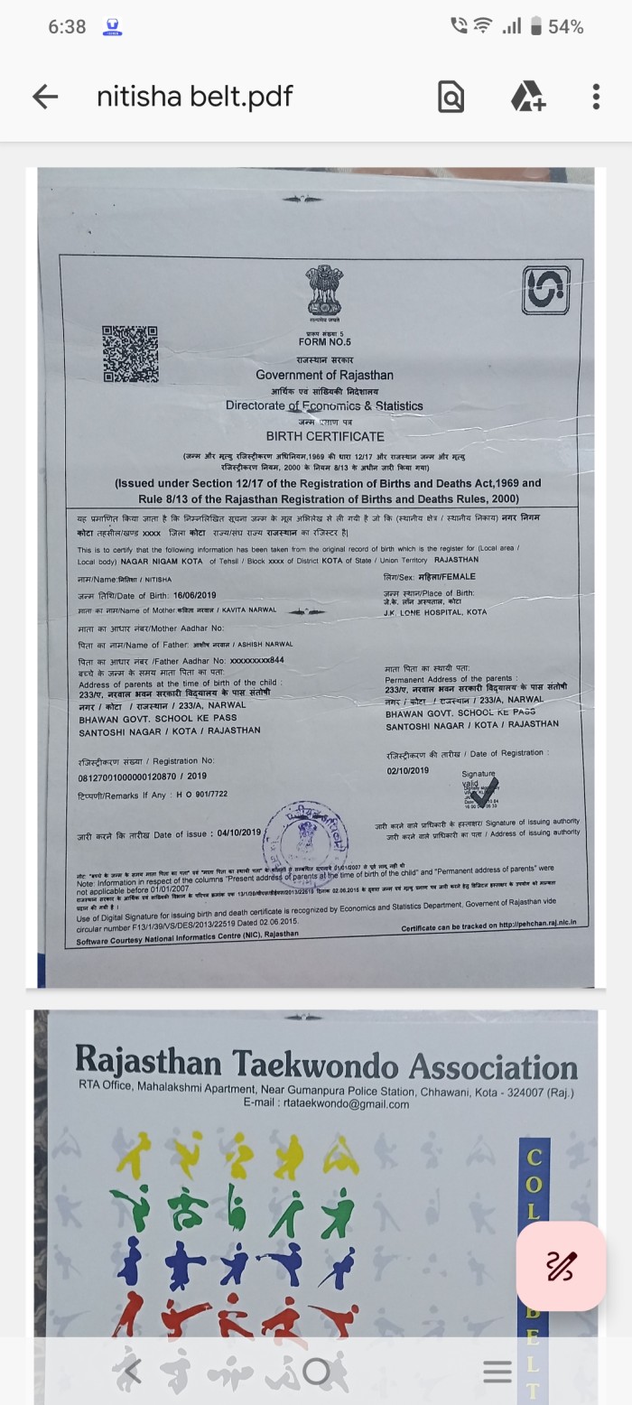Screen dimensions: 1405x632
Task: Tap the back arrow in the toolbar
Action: [44, 97]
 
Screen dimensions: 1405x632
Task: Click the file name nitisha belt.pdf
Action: [195, 97]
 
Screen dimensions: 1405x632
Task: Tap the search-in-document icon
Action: [451, 97]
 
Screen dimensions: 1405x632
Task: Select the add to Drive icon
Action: [527, 97]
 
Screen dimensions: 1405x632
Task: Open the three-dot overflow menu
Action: [596, 97]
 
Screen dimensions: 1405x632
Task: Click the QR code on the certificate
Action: [130, 354]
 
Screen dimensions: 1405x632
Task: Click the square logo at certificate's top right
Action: [545, 291]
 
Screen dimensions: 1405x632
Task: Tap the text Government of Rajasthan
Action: [324, 375]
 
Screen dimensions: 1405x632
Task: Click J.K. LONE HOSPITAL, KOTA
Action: [434, 612]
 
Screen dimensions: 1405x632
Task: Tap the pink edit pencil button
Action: [560, 1266]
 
